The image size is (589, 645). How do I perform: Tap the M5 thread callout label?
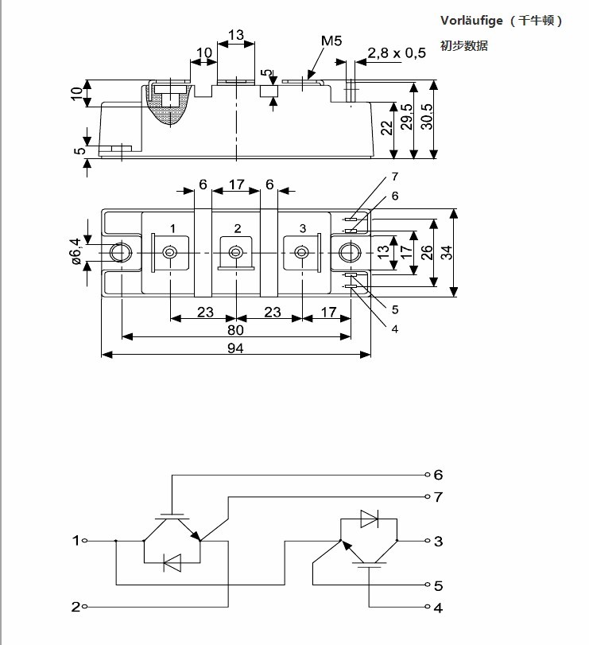[331, 40]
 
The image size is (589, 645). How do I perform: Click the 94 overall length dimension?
[235, 348]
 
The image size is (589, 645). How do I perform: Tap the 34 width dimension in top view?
[447, 252]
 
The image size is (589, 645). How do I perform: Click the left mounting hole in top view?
[121, 252]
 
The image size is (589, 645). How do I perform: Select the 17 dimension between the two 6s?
[236, 185]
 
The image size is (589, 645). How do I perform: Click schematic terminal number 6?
[438, 475]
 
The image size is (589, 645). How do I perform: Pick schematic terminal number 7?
[438, 498]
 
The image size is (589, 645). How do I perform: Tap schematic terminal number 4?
[438, 608]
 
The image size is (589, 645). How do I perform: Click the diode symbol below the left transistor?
[172, 562]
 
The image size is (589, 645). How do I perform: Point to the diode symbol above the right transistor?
[370, 518]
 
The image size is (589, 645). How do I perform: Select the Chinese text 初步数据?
[464, 46]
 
